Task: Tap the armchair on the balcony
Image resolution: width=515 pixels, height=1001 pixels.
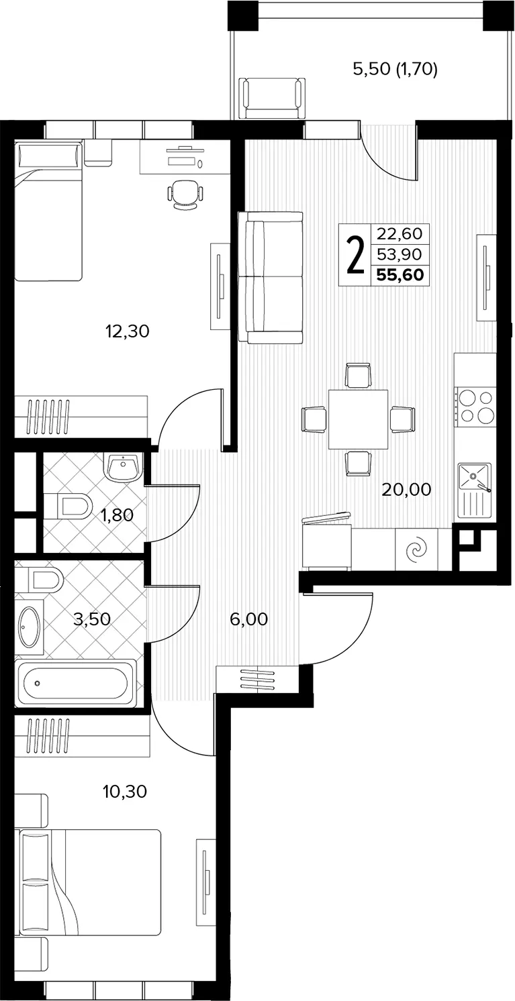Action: tap(272, 98)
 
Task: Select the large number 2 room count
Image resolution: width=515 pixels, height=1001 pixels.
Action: tap(355, 255)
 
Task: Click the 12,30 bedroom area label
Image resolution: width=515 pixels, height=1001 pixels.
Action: tap(128, 331)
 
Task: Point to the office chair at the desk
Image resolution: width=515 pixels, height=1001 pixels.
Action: tap(185, 195)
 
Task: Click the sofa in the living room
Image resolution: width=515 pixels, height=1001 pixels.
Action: tap(270, 277)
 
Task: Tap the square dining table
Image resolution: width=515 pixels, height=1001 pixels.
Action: tap(358, 419)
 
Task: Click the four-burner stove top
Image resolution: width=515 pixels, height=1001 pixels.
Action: tap(475, 407)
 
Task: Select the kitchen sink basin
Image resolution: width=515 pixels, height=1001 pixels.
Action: tap(474, 478)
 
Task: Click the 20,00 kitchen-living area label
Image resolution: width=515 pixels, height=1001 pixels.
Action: tap(406, 489)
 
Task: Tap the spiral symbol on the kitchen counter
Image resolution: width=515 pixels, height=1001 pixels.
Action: tap(416, 549)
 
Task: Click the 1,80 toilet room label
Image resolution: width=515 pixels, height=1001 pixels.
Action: tap(117, 515)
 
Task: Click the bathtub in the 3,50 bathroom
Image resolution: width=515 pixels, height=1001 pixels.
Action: tap(75, 683)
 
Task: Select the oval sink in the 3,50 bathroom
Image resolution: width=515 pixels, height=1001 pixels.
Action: tap(29, 626)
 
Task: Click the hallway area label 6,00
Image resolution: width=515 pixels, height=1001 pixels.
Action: tap(249, 619)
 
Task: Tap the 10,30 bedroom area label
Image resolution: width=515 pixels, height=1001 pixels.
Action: tap(125, 792)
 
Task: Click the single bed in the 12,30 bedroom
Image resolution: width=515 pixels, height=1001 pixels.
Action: tap(49, 210)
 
